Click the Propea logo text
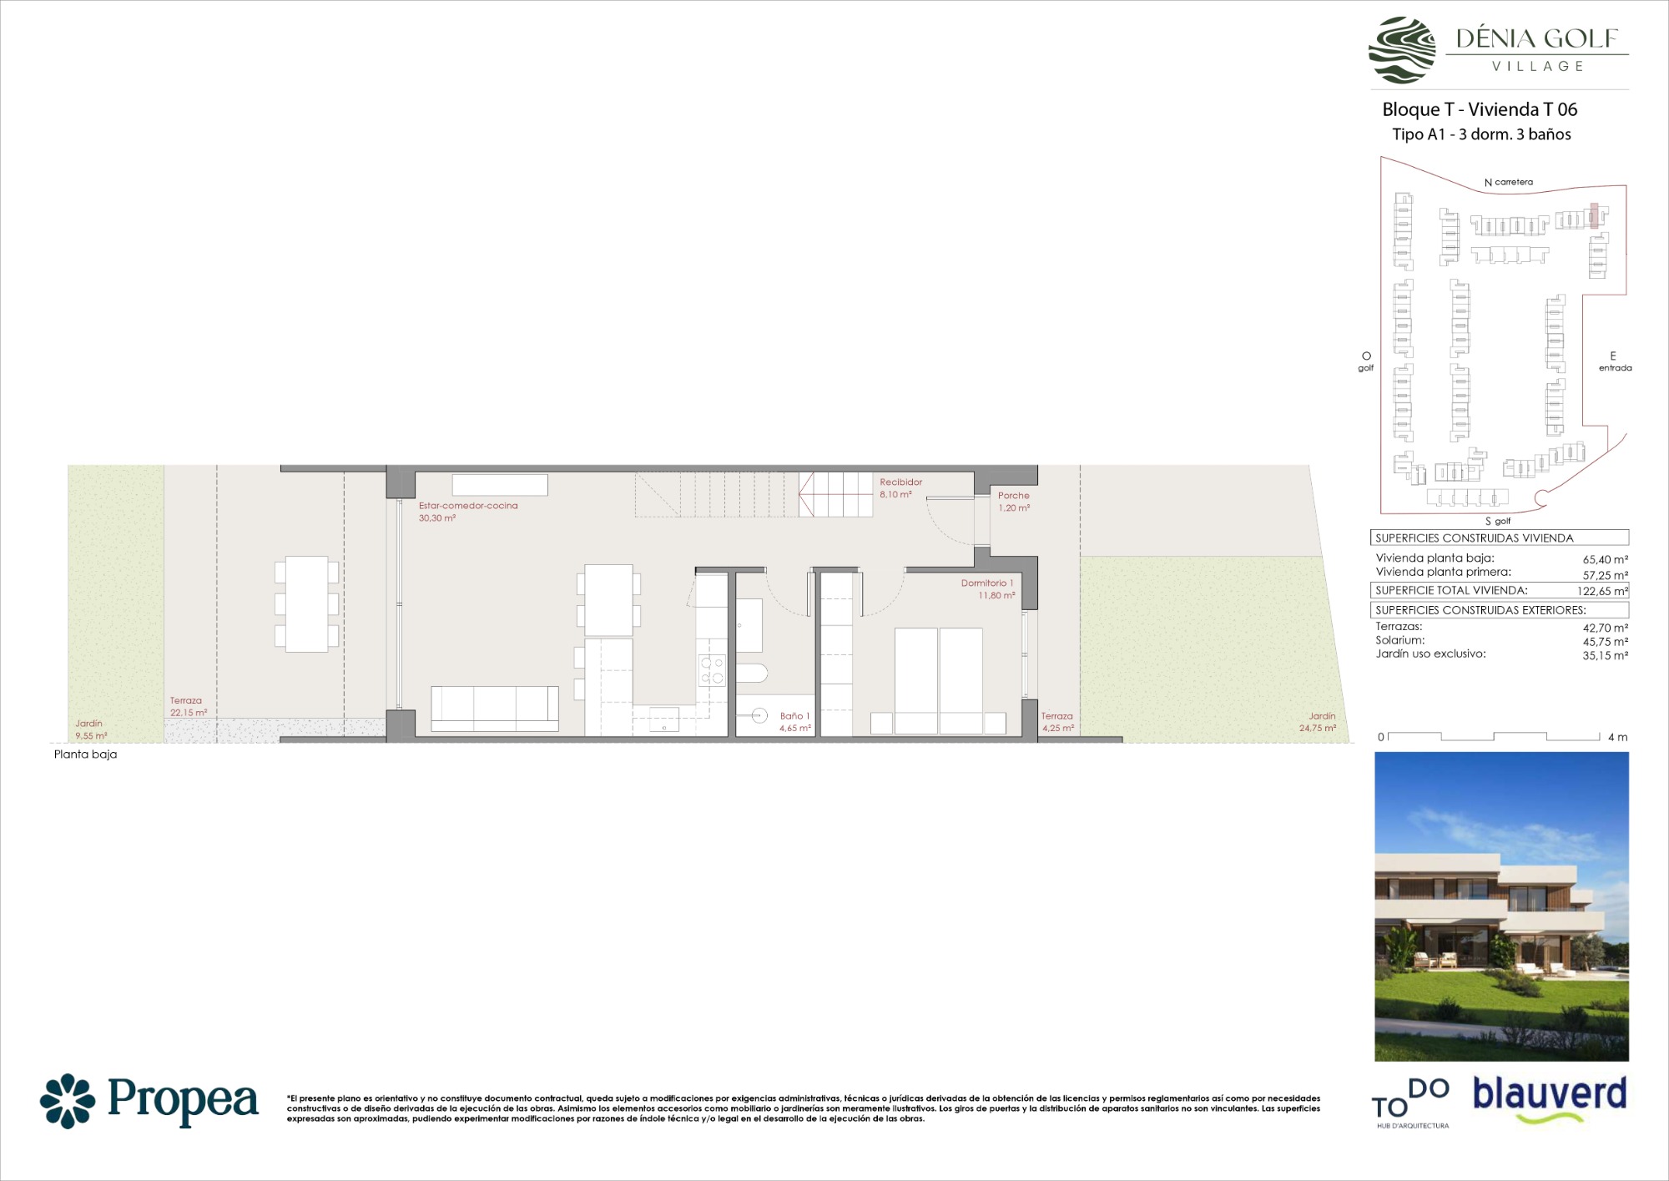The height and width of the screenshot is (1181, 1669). (x=183, y=1101)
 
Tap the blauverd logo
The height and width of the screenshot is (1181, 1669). (x=1550, y=1098)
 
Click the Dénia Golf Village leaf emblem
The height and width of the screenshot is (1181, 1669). (x=1402, y=50)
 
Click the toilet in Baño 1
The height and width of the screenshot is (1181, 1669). (x=752, y=673)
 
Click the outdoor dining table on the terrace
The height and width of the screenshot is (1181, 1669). (x=306, y=604)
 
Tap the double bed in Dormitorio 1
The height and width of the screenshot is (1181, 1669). (x=939, y=681)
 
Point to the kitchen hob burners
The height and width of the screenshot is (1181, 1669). (x=712, y=670)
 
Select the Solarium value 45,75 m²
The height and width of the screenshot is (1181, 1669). (x=1605, y=642)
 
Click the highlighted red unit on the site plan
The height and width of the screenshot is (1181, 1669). (x=1593, y=216)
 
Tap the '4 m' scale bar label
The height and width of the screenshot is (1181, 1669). (x=1617, y=737)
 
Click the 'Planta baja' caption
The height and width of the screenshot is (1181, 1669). (x=85, y=755)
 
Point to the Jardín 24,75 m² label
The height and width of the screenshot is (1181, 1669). (x=1319, y=722)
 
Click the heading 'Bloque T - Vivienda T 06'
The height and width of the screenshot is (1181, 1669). (x=1480, y=109)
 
